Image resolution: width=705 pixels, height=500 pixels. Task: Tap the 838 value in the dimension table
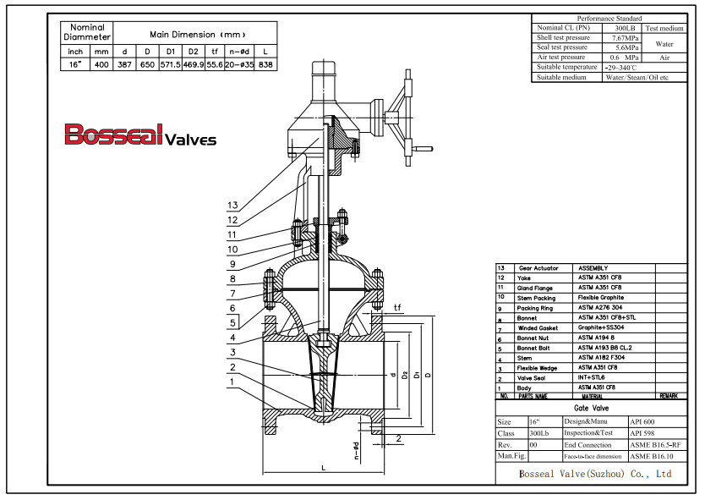[265, 64]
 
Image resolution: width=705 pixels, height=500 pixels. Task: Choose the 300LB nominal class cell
[615, 28]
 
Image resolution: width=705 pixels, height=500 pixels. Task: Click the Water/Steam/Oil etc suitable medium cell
[637, 78]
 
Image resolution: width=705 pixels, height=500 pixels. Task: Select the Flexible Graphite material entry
[601, 297]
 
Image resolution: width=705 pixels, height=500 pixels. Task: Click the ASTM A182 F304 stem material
[602, 358]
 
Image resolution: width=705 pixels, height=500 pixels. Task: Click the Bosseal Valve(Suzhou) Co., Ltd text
[595, 475]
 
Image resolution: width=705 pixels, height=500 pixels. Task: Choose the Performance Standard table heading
[609, 18]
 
